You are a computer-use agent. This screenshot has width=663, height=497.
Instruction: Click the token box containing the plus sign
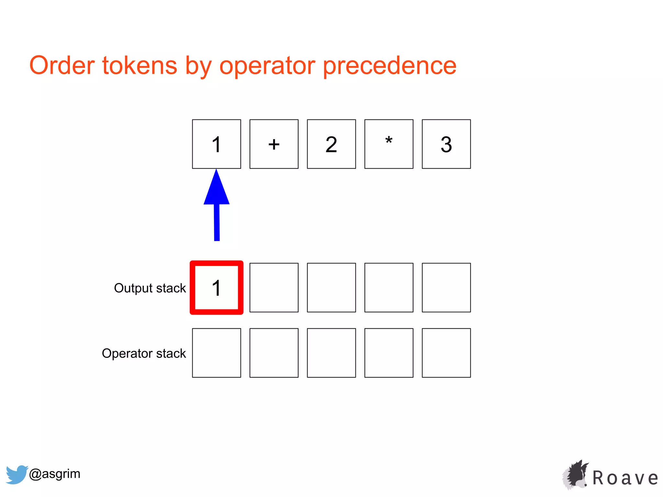pos(274,144)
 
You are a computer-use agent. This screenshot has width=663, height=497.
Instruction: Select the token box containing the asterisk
pos(389,144)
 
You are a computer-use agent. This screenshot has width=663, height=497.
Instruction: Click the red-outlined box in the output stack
pos(217,288)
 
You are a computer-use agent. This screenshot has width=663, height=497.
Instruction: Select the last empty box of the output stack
pos(446,288)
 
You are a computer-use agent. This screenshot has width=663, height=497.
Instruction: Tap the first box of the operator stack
pos(217,353)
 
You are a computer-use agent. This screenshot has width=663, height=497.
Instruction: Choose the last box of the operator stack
pos(446,353)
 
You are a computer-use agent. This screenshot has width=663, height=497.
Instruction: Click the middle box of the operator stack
pos(331,353)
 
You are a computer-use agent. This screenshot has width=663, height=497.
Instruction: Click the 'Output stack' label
pos(150,288)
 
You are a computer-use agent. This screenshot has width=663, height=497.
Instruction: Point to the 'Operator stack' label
pos(144,353)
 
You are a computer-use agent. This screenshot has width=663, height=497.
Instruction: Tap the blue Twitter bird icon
pos(17,474)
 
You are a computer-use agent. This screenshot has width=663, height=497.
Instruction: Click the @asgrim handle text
pos(54,474)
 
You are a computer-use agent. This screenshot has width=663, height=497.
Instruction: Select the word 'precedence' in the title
pos(390,66)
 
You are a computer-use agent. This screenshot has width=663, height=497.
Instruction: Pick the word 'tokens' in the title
pos(140,66)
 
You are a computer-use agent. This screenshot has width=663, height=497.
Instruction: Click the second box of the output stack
pos(274,288)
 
